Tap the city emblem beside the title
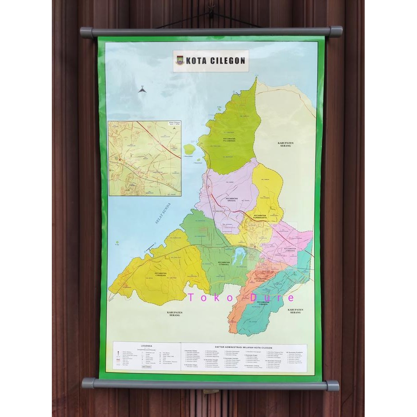[180, 61]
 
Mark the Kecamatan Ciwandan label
[161, 274]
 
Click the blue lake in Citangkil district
[239, 255]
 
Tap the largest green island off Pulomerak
[189, 149]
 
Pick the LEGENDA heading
[147, 346]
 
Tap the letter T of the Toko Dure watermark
[191, 298]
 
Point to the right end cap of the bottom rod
[333, 385]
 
